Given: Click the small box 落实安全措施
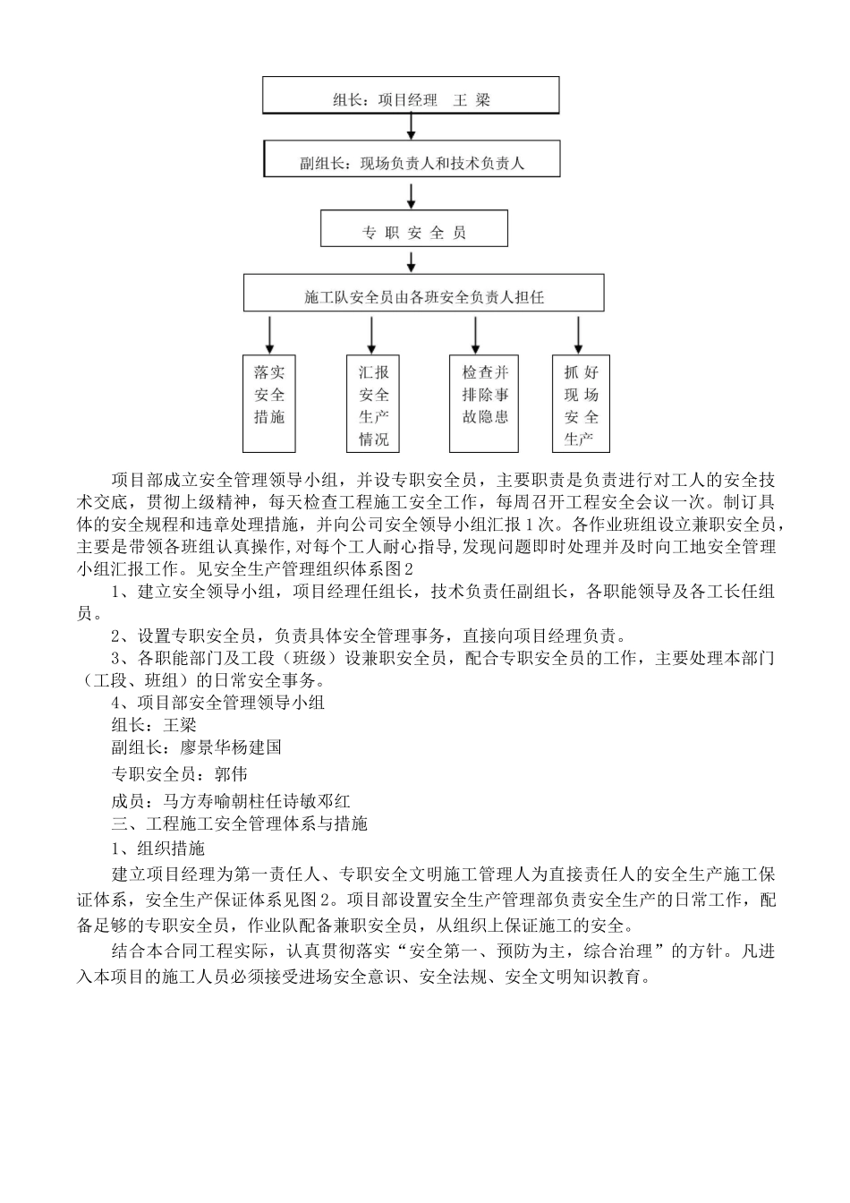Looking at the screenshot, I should [269, 403].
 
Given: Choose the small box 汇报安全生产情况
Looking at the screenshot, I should [373, 403].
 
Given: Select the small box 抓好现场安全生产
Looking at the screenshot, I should [581, 403].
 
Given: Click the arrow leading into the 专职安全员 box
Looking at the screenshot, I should [412, 192].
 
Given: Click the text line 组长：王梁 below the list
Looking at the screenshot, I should [153, 725].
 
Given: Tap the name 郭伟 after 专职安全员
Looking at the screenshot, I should [231, 772].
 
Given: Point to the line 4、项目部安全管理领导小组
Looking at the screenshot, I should [217, 702].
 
